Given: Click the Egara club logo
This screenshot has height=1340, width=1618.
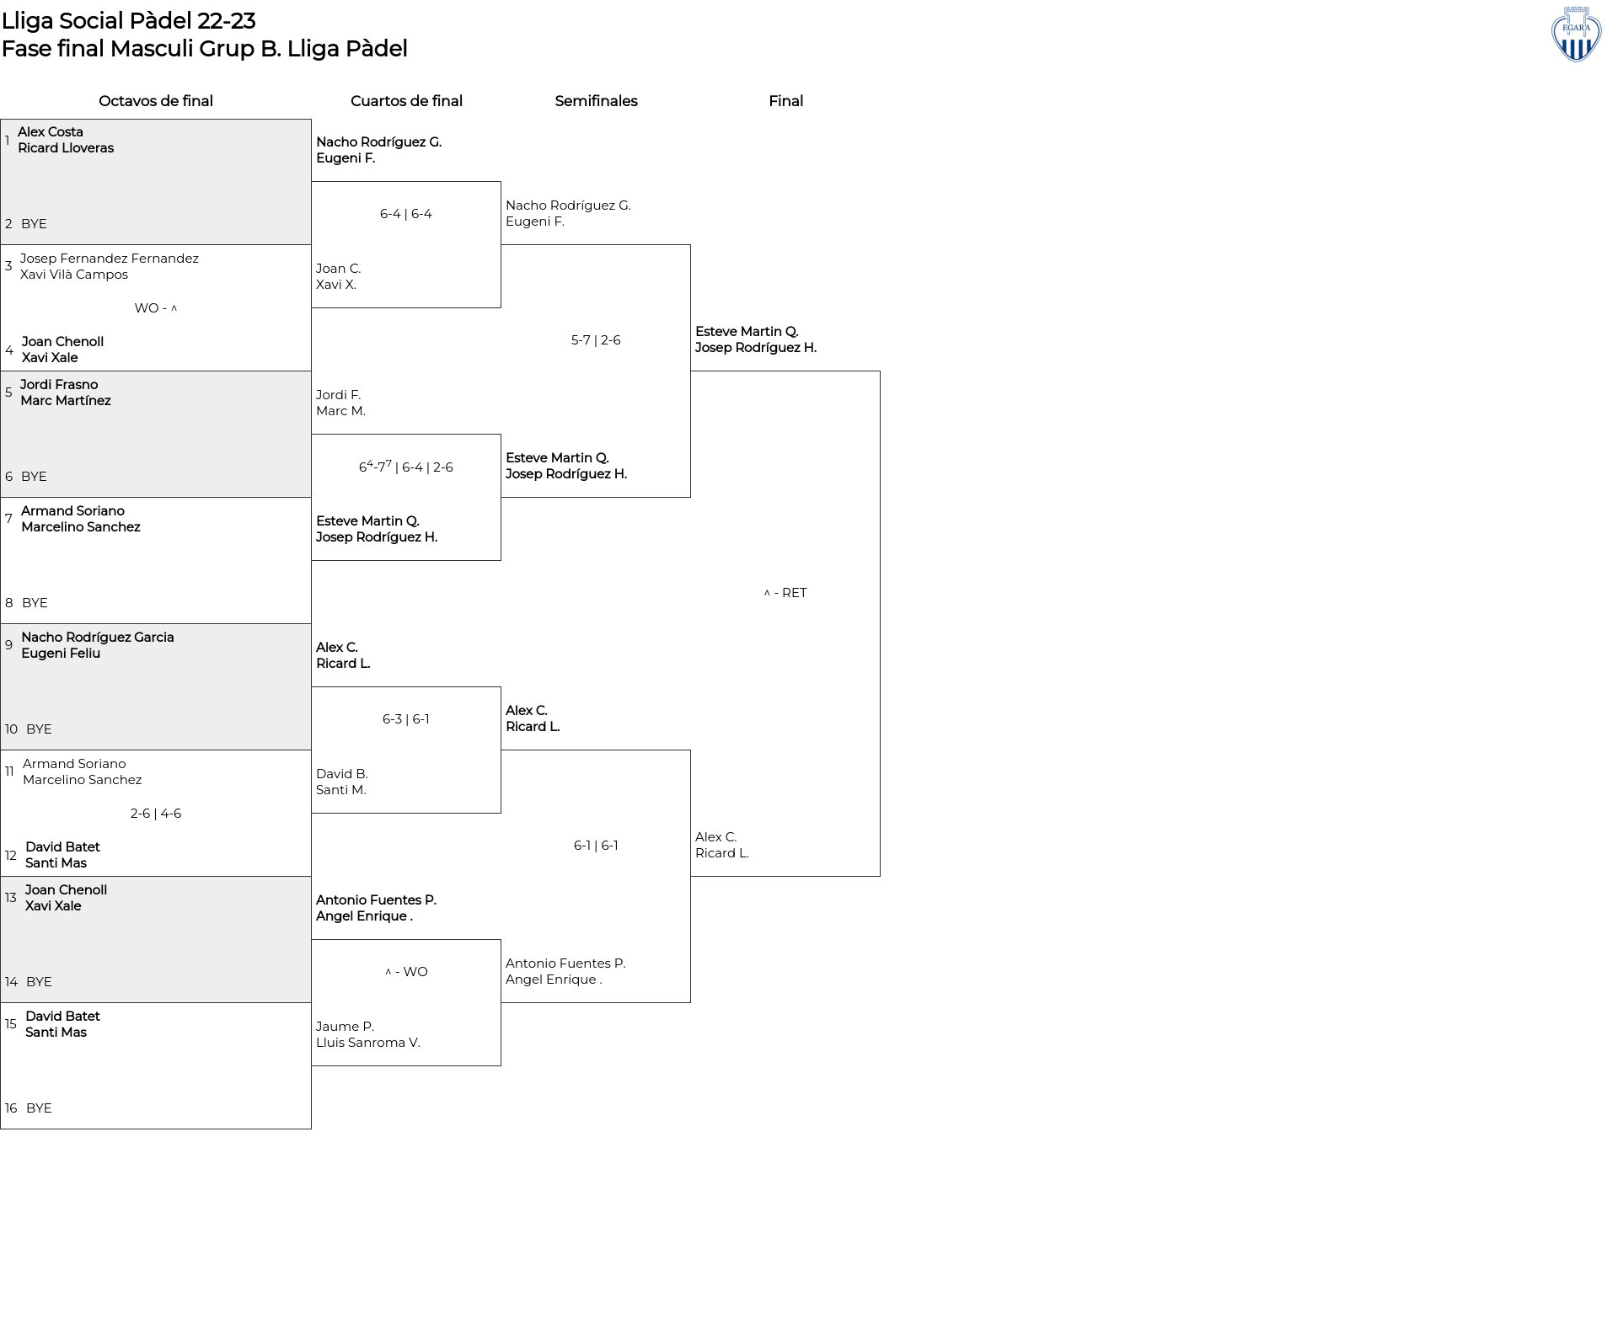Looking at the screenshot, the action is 1576,34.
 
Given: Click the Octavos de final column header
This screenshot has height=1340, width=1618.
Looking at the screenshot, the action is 156,101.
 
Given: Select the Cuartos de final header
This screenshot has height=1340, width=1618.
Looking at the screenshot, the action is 406,101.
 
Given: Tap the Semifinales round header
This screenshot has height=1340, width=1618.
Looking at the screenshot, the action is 596,101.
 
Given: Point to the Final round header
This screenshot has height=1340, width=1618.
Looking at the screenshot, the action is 785,101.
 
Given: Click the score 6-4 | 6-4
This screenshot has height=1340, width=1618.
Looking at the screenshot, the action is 406,214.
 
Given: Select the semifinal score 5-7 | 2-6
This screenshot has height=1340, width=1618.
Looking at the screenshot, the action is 596,340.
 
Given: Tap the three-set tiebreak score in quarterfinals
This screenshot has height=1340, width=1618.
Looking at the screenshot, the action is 406,467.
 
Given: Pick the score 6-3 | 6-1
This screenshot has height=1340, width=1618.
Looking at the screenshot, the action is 406,719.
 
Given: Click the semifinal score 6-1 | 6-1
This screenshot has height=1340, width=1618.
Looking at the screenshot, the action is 596,846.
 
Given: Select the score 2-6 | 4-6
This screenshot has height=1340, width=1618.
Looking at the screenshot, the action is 156,814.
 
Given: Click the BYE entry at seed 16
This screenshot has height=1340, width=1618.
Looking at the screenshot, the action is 39,1108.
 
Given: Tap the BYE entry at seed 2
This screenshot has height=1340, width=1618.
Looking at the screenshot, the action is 34,224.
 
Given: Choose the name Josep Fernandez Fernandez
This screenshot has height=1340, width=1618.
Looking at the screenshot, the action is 110,259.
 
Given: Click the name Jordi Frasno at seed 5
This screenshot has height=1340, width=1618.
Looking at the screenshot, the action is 59,385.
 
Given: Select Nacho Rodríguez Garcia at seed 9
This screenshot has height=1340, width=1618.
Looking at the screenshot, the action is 98,638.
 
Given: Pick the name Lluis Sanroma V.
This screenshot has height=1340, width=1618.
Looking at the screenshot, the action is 368,1043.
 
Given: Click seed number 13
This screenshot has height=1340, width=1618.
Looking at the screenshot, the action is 11,898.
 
